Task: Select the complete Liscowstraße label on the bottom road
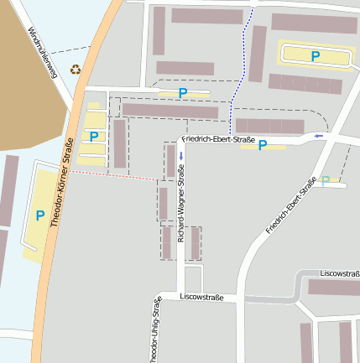tap(201, 297)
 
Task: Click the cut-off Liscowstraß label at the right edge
tap(340, 273)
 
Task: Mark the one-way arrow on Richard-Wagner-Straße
tap(180, 156)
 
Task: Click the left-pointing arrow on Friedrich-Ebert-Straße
tap(318, 135)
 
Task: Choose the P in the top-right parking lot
tap(316, 56)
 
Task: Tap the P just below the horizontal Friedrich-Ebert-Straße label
tap(263, 145)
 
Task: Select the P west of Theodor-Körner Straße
tap(39, 215)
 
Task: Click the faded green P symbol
tap(326, 179)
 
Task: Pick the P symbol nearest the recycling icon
tap(94, 136)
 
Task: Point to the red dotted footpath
tap(112, 174)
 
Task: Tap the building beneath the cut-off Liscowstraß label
tap(333, 288)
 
